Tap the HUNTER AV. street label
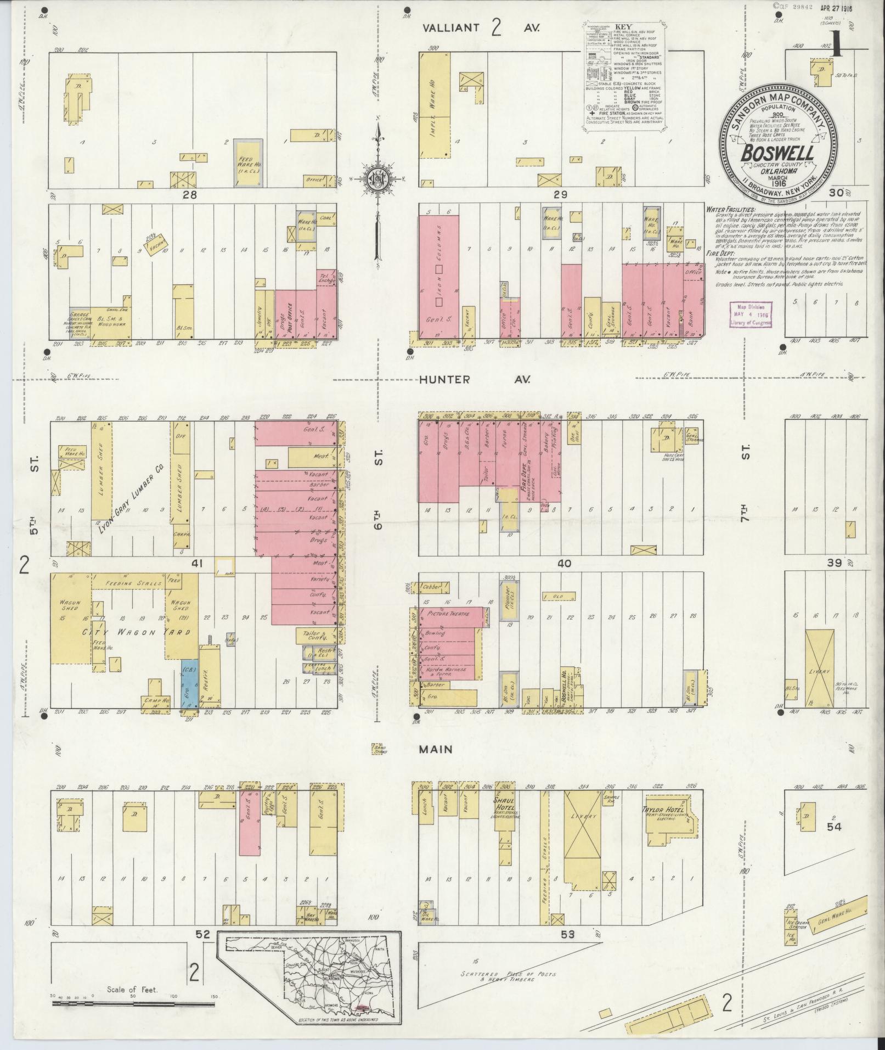pos(475,379)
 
